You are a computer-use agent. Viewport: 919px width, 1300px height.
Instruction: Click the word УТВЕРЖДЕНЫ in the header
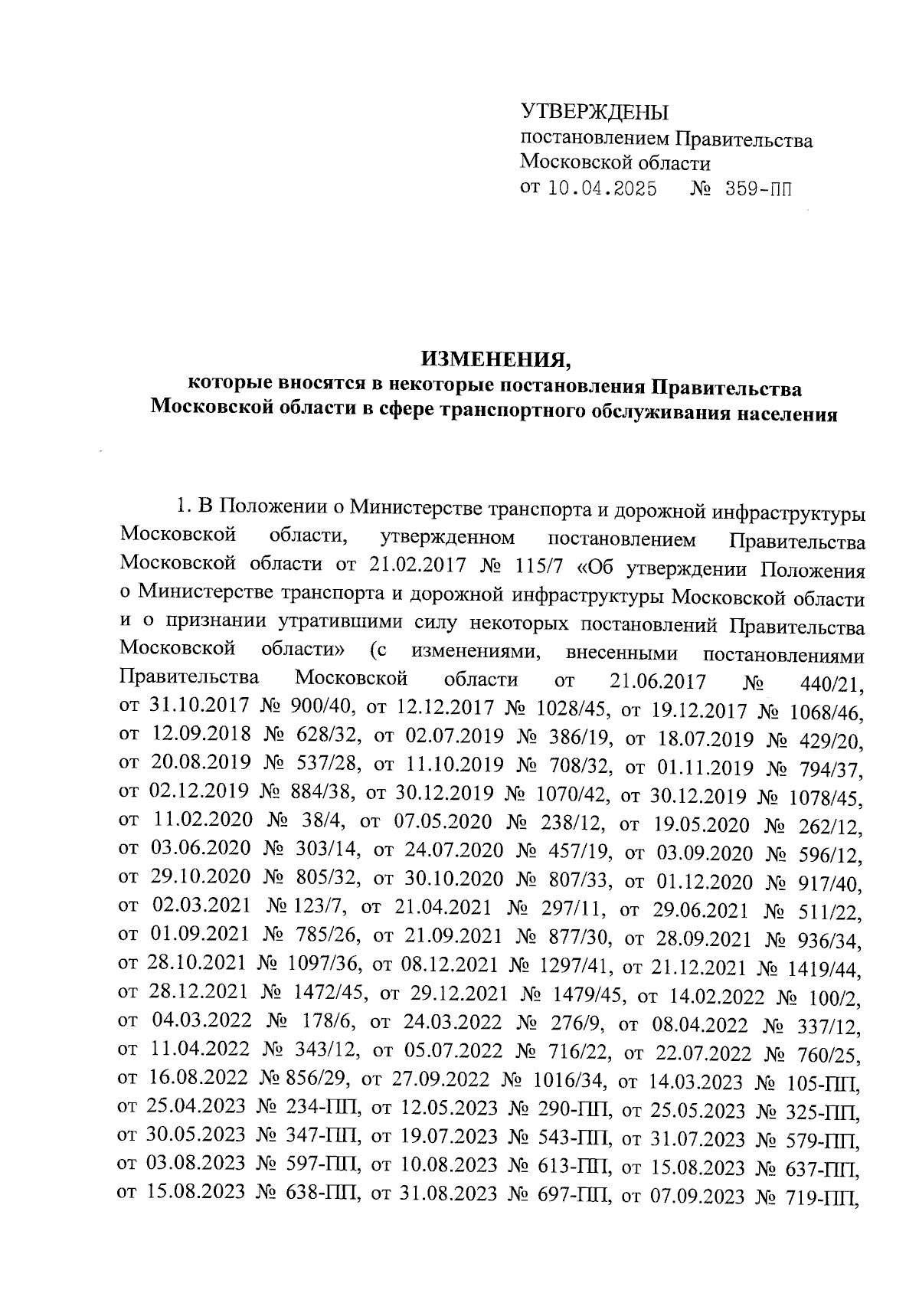pos(594,114)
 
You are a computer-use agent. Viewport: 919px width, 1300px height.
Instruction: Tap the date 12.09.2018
pos(201,735)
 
